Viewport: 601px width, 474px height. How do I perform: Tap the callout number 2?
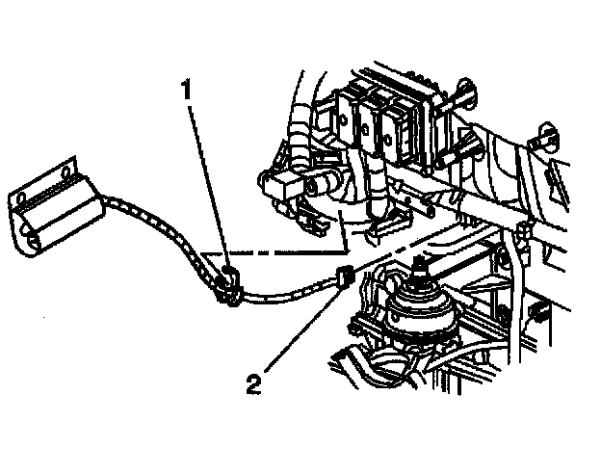pyautogui.click(x=253, y=385)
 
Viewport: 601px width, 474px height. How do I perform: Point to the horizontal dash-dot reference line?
pyautogui.click(x=279, y=253)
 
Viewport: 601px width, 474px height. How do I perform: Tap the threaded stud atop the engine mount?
pyautogui.click(x=421, y=270)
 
